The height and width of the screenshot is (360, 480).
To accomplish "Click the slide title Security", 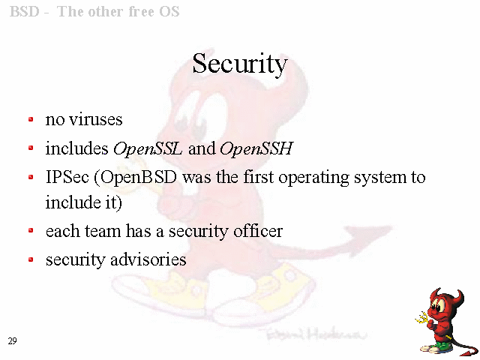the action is pyautogui.click(x=240, y=64).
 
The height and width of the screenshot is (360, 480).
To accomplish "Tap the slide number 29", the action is pyautogui.click(x=12, y=341).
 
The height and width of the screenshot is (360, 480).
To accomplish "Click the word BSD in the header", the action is pyautogui.click(x=25, y=12).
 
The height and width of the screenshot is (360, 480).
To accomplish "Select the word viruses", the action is pyautogui.click(x=96, y=119).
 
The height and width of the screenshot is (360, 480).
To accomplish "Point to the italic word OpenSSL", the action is pyautogui.click(x=148, y=148).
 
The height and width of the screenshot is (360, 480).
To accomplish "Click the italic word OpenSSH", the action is pyautogui.click(x=256, y=148).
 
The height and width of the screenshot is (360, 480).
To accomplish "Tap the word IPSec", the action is pyautogui.click(x=67, y=177).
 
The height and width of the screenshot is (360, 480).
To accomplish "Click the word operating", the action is pyautogui.click(x=313, y=178).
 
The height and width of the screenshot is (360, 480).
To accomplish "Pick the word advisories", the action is pyautogui.click(x=148, y=259).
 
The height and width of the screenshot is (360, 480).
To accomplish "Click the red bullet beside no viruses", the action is pyautogui.click(x=31, y=119).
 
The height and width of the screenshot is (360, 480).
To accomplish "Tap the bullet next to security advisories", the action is pyautogui.click(x=31, y=260).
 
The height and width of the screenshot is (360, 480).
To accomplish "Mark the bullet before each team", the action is pyautogui.click(x=31, y=231).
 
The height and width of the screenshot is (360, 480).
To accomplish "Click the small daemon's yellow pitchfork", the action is pyautogui.click(x=423, y=318).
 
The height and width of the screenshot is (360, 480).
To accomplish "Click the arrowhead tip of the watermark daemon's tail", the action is pyautogui.click(x=391, y=227).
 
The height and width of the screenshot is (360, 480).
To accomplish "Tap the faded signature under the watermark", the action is pyautogui.click(x=315, y=334).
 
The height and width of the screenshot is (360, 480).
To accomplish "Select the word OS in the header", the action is pyautogui.click(x=169, y=12).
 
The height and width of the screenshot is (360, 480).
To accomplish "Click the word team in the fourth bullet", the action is pyautogui.click(x=103, y=231).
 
